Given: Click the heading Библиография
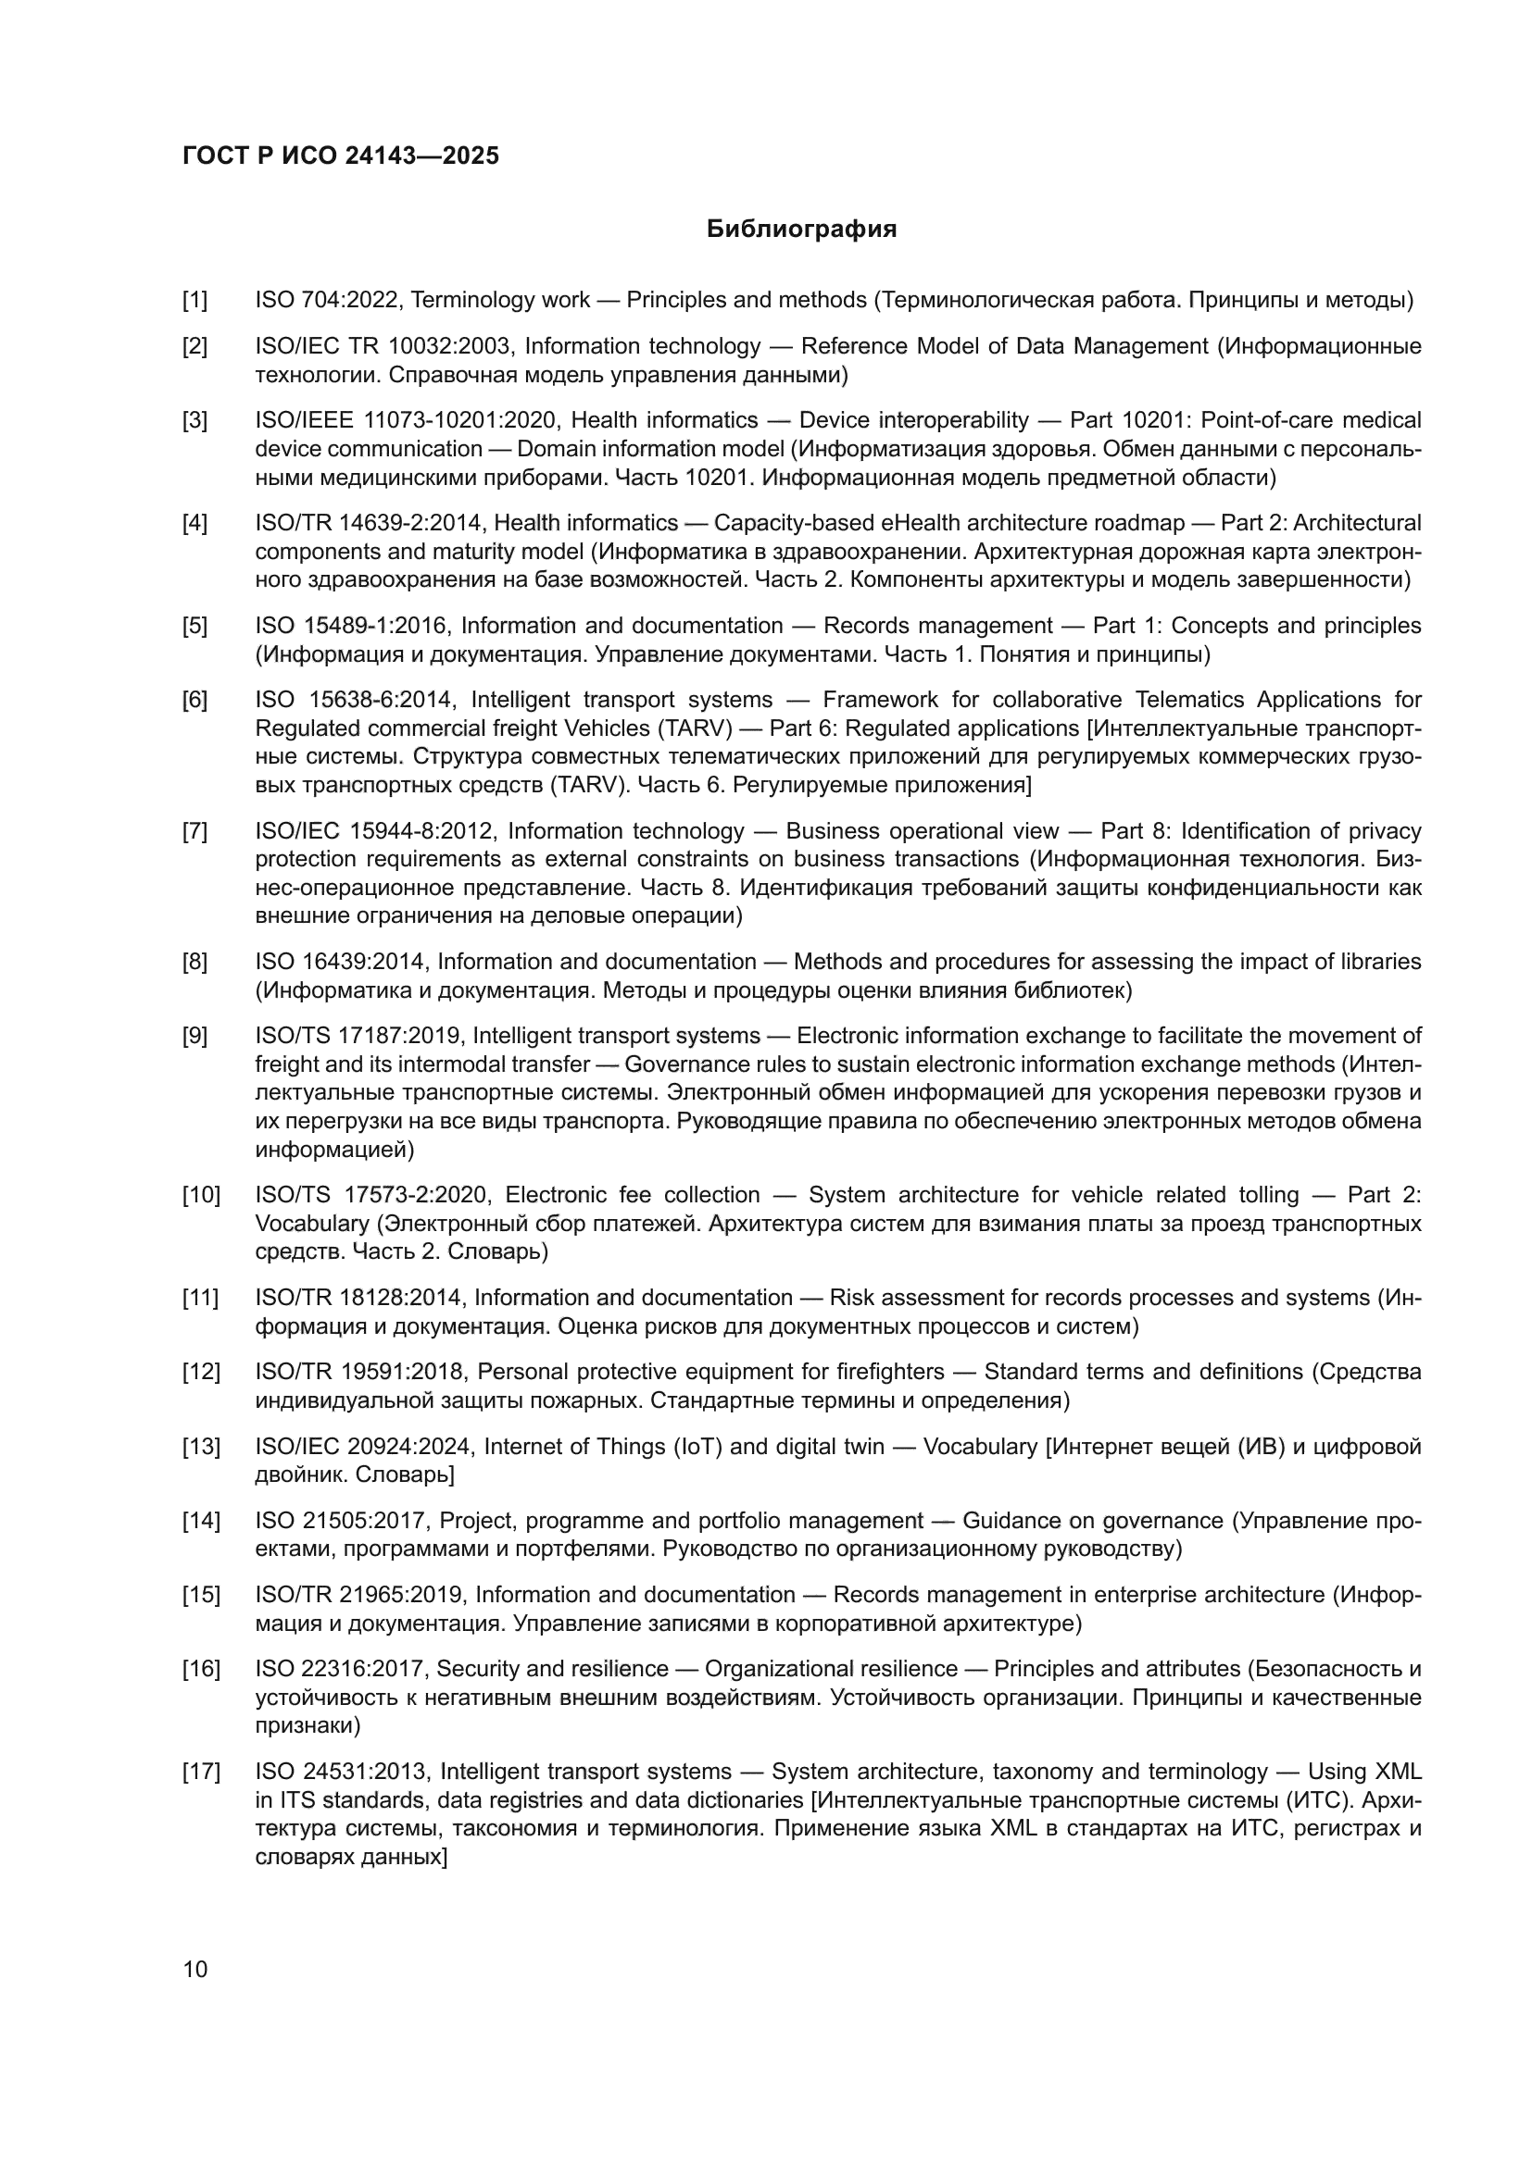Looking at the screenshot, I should (801, 230).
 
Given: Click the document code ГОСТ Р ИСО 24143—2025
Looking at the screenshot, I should (341, 156).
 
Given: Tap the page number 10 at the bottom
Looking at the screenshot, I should (195, 1969).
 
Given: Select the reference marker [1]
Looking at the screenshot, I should (195, 301).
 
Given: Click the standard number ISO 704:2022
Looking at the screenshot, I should (330, 301).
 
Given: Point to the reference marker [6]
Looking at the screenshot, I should (195, 700).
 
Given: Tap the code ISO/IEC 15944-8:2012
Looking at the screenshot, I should (374, 830).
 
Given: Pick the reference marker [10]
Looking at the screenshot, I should (201, 1195).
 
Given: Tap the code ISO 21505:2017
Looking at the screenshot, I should (342, 1520).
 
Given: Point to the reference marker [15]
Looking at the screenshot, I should (201, 1595).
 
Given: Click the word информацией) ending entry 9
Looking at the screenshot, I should (335, 1150).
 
